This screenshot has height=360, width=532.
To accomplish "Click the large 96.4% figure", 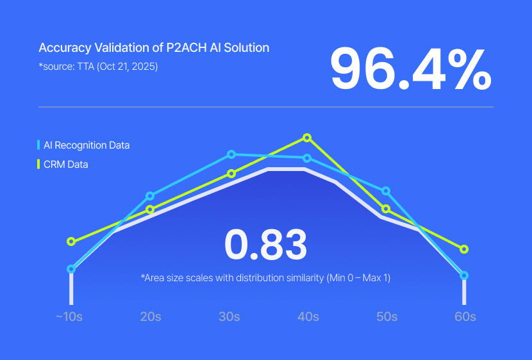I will pyautogui.click(x=411, y=69).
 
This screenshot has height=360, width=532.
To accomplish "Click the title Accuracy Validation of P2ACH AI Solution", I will pyautogui.click(x=154, y=48).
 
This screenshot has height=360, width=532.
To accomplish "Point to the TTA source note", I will pyautogui.click(x=98, y=66).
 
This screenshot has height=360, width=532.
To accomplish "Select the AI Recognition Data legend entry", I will pyautogui.click(x=86, y=145).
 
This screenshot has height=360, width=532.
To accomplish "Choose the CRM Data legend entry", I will pyautogui.click(x=65, y=165).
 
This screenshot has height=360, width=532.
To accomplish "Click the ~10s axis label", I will pyautogui.click(x=69, y=316).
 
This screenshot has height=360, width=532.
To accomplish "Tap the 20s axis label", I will pyautogui.click(x=151, y=316).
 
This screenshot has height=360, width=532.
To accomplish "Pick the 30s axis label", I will pyautogui.click(x=229, y=316).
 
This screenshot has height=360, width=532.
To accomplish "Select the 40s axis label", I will pyautogui.click(x=308, y=316).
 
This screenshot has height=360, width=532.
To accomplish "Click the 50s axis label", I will pyautogui.click(x=386, y=316).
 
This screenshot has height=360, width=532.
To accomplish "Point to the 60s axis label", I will pyautogui.click(x=465, y=316).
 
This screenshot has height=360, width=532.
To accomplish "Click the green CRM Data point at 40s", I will pyautogui.click(x=307, y=138).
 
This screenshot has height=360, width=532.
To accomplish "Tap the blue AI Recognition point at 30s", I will pyautogui.click(x=232, y=154).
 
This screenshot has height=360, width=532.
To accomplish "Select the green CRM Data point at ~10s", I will pyautogui.click(x=71, y=241).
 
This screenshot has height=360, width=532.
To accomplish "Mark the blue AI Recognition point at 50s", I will pyautogui.click(x=386, y=191).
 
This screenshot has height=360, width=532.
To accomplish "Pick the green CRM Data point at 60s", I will pyautogui.click(x=465, y=249).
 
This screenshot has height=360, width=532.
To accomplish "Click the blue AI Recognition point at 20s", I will pyautogui.click(x=150, y=196).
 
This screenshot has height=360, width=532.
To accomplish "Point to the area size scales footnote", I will pyautogui.click(x=265, y=278).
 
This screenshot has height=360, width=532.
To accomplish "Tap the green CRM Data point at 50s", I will pyautogui.click(x=386, y=209).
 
